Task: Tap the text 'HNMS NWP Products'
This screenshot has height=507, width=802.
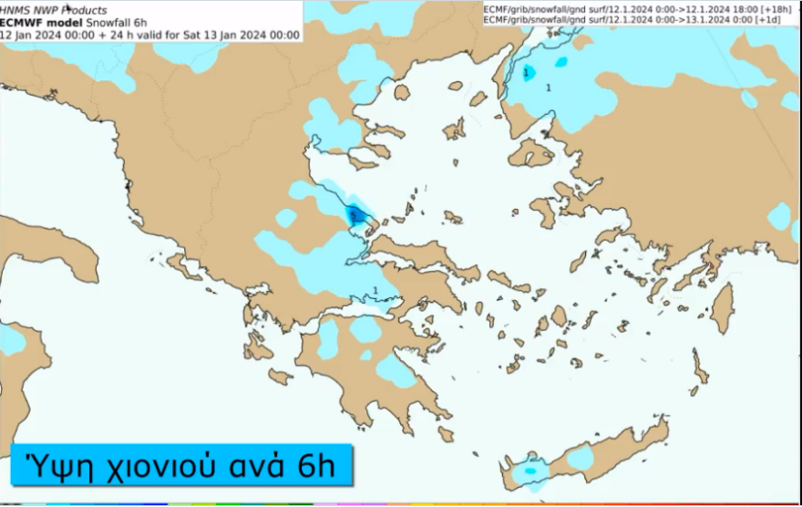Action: tap(53, 11)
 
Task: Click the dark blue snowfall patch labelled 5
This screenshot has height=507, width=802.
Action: tap(357, 216)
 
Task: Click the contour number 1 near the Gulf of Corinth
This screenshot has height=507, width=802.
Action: tap(375, 291)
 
